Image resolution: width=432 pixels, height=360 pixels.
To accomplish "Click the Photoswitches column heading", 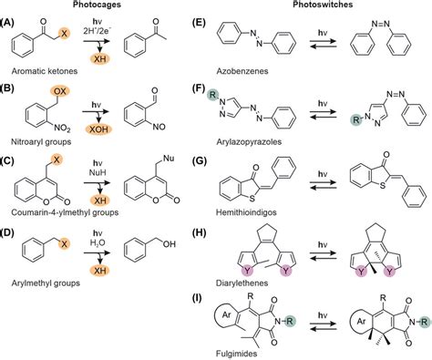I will pyautogui.click(x=322, y=5).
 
